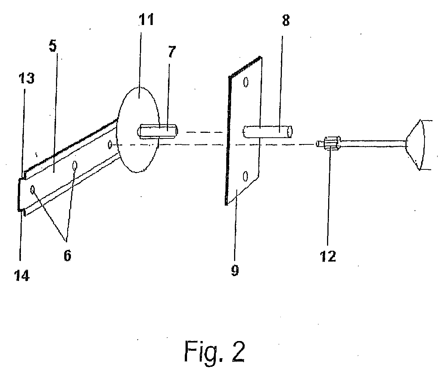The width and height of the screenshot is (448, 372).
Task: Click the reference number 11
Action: click(x=147, y=19)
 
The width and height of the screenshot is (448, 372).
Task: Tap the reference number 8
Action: click(x=286, y=21)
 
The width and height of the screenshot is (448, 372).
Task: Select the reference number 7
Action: click(x=172, y=51)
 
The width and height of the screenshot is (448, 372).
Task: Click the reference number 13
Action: click(x=27, y=78)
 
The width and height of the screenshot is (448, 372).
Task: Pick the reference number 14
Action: click(x=22, y=275)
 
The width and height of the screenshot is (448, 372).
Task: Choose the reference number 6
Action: click(x=67, y=256)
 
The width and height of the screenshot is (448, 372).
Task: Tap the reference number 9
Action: click(x=235, y=271)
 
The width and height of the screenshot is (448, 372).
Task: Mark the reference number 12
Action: click(x=328, y=256)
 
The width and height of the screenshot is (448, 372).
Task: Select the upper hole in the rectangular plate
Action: click(x=246, y=82)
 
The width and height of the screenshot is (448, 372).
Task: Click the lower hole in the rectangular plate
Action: click(x=245, y=176)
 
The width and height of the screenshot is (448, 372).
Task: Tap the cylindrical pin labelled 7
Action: click(x=158, y=131)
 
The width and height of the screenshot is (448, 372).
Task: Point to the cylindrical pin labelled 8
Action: click(x=268, y=131)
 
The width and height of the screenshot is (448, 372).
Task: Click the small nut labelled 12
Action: click(x=332, y=143)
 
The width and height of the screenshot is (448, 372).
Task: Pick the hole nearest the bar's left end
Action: click(x=33, y=190)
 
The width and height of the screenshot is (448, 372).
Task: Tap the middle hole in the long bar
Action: click(x=75, y=165)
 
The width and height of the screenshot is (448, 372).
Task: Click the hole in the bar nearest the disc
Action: click(x=110, y=145)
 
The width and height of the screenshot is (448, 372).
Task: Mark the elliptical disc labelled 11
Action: click(x=139, y=130)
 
